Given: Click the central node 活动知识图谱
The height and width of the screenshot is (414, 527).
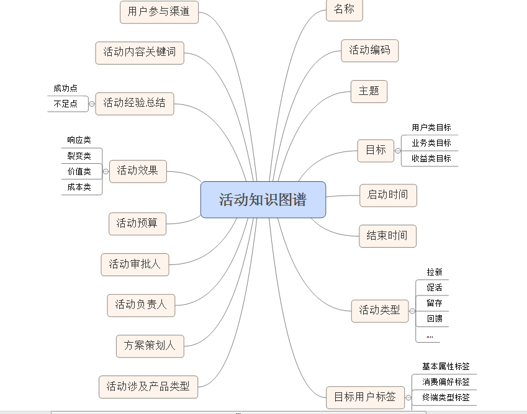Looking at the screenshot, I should pyautogui.click(x=263, y=199).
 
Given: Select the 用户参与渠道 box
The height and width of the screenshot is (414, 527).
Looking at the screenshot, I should pyautogui.click(x=159, y=12).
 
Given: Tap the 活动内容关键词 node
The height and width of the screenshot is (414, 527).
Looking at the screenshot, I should pyautogui.click(x=140, y=53).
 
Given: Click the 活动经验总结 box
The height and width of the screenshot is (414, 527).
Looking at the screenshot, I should pyautogui.click(x=134, y=103).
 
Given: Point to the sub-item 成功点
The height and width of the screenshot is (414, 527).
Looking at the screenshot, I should pyautogui.click(x=65, y=88).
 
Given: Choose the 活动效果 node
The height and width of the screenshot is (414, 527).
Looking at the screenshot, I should pyautogui.click(x=138, y=171).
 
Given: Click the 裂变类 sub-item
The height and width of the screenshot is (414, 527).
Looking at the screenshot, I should pyautogui.click(x=79, y=156).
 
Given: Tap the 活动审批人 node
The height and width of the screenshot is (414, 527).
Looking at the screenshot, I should pyautogui.click(x=135, y=264).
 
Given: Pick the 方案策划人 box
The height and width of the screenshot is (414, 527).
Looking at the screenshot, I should pyautogui.click(x=150, y=346).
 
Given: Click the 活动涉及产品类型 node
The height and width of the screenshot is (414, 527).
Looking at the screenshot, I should pyautogui.click(x=148, y=387).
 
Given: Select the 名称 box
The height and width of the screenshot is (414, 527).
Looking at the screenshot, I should pyautogui.click(x=344, y=10).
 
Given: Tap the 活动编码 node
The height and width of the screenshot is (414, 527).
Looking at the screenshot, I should pyautogui.click(x=369, y=51).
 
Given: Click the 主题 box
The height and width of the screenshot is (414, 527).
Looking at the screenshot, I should pyautogui.click(x=369, y=91).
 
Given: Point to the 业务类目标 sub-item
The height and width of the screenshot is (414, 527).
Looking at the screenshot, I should pyautogui.click(x=431, y=143).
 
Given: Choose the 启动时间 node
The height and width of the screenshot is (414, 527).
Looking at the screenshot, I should pyautogui.click(x=388, y=196).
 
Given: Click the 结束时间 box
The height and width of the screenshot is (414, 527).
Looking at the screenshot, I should pyautogui.click(x=387, y=236).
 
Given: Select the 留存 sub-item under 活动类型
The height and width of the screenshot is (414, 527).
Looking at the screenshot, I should pyautogui.click(x=435, y=304).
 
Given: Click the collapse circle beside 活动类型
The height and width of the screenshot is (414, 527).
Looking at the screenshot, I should pyautogui.click(x=412, y=310).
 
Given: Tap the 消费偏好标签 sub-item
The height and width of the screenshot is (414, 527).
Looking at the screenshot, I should pyautogui.click(x=446, y=382).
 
